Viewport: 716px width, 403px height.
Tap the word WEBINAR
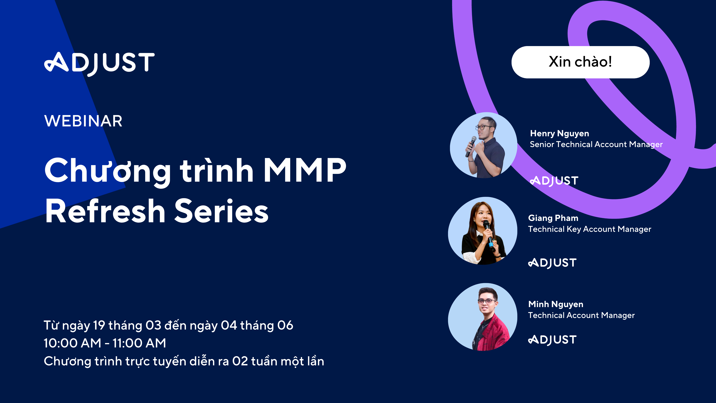[83, 121]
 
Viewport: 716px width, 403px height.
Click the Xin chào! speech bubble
[580, 62]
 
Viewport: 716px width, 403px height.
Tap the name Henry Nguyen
[559, 134]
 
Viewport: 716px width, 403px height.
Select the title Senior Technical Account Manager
[596, 144]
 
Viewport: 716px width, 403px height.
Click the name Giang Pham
[553, 218]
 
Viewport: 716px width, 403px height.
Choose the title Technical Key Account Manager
[589, 229]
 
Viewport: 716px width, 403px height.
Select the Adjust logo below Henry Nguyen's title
[554, 181]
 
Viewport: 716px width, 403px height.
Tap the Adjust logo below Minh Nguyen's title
[552, 340]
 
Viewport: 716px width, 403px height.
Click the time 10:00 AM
[72, 343]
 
